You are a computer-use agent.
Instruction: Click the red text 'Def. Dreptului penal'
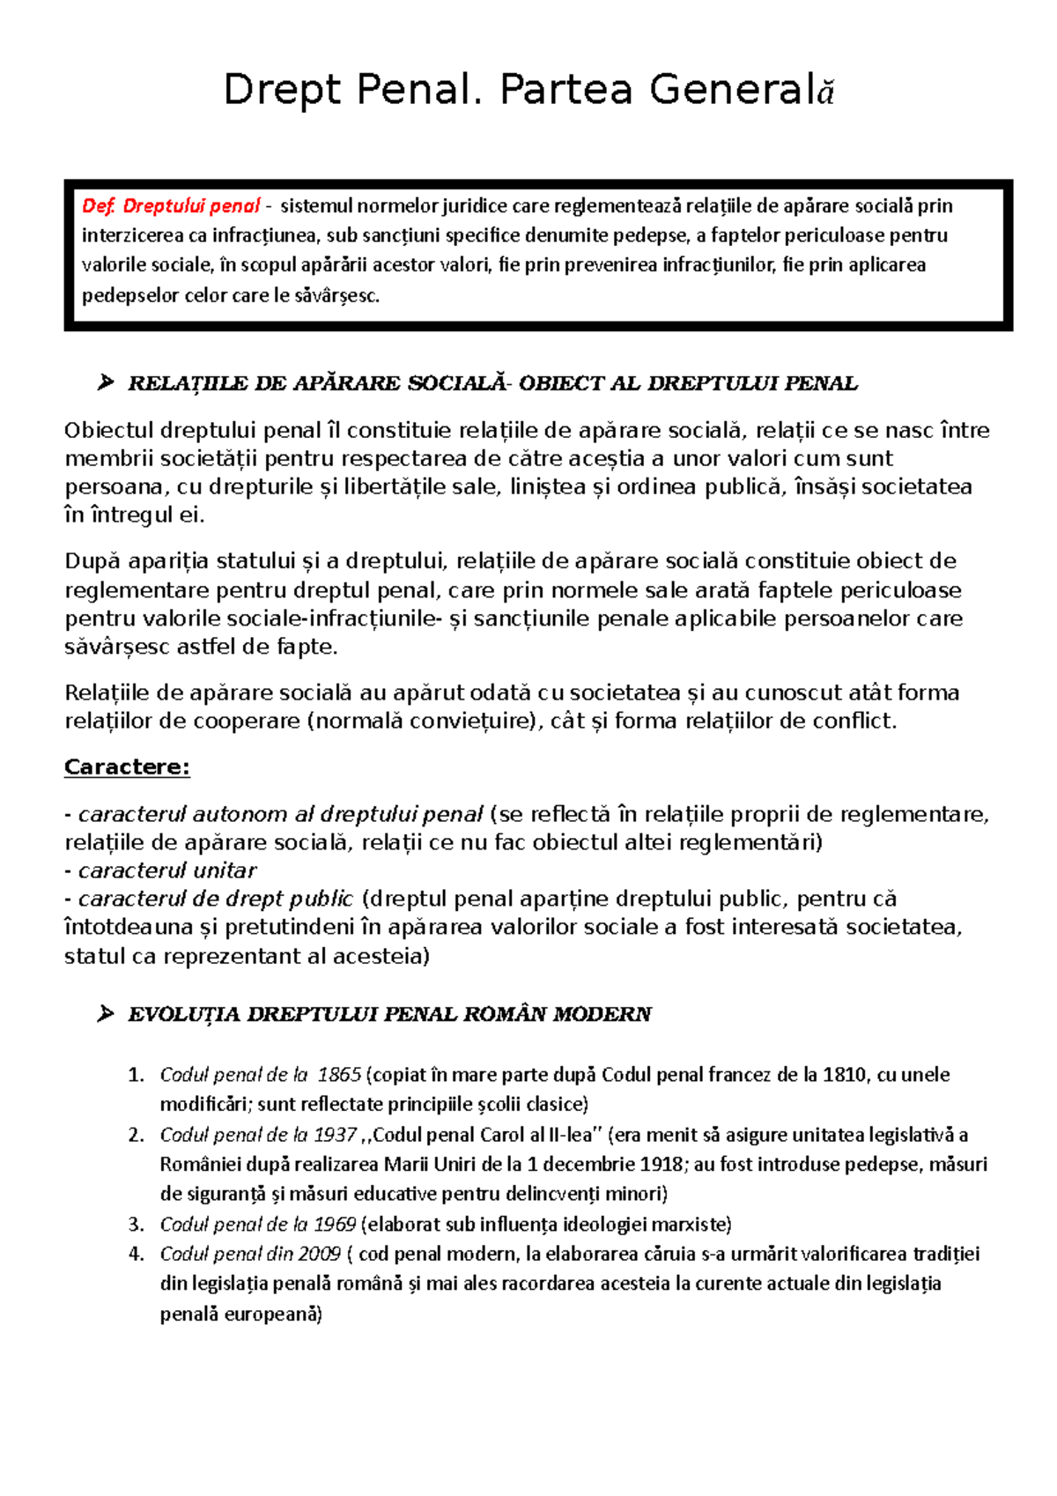(x=171, y=206)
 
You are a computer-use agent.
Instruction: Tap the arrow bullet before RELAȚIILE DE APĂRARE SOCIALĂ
(x=106, y=382)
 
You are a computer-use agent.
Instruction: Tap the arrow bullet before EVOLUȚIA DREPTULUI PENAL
(x=106, y=1014)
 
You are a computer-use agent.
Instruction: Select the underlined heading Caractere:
(x=127, y=767)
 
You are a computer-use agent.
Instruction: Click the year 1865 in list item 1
(x=339, y=1075)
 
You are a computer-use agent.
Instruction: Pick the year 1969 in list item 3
(x=334, y=1225)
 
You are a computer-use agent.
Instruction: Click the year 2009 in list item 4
(x=319, y=1255)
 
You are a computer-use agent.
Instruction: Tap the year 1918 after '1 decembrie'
(x=662, y=1165)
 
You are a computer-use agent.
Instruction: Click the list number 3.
(x=136, y=1225)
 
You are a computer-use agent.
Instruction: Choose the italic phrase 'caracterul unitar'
(x=167, y=871)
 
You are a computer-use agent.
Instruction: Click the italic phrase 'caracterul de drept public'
(x=216, y=900)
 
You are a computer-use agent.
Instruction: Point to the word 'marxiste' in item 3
(x=695, y=1225)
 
